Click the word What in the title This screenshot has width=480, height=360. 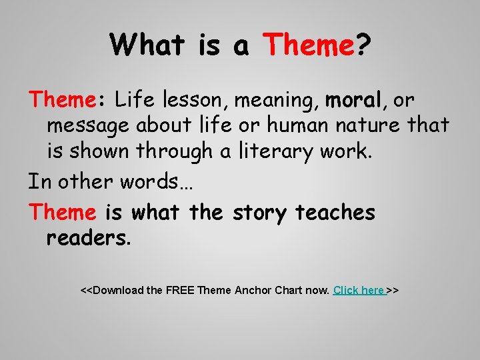[x=148, y=45]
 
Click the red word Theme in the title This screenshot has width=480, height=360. [x=307, y=45]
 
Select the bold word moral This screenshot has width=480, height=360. [x=353, y=101]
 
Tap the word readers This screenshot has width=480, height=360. [x=89, y=238]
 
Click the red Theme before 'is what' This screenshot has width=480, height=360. [x=63, y=213]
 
